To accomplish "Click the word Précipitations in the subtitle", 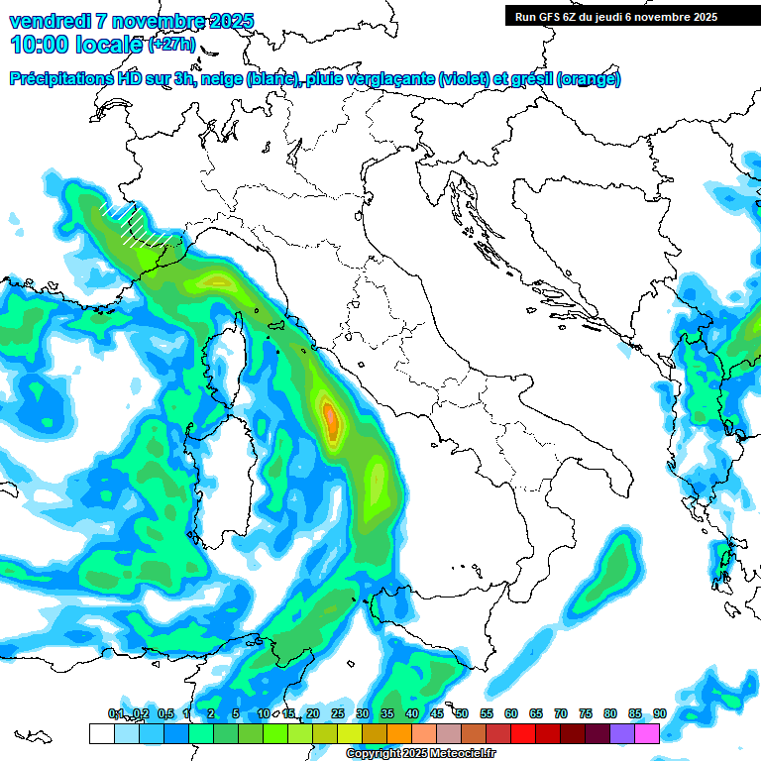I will [x=60, y=79].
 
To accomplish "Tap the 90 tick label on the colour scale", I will [x=659, y=713].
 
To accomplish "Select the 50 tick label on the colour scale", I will [x=462, y=713].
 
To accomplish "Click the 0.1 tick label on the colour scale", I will [x=116, y=713].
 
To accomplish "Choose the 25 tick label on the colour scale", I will [x=338, y=713].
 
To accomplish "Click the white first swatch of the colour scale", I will [x=101, y=733].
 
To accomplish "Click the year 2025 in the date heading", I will [x=224, y=21].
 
